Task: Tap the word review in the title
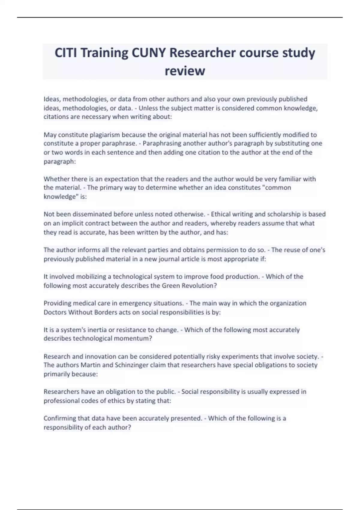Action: tap(185, 71)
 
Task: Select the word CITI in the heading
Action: tap(66, 53)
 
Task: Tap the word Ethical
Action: tap(222, 214)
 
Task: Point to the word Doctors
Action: tap(55, 312)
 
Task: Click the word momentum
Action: tap(138, 339)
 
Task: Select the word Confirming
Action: tap(60, 418)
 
